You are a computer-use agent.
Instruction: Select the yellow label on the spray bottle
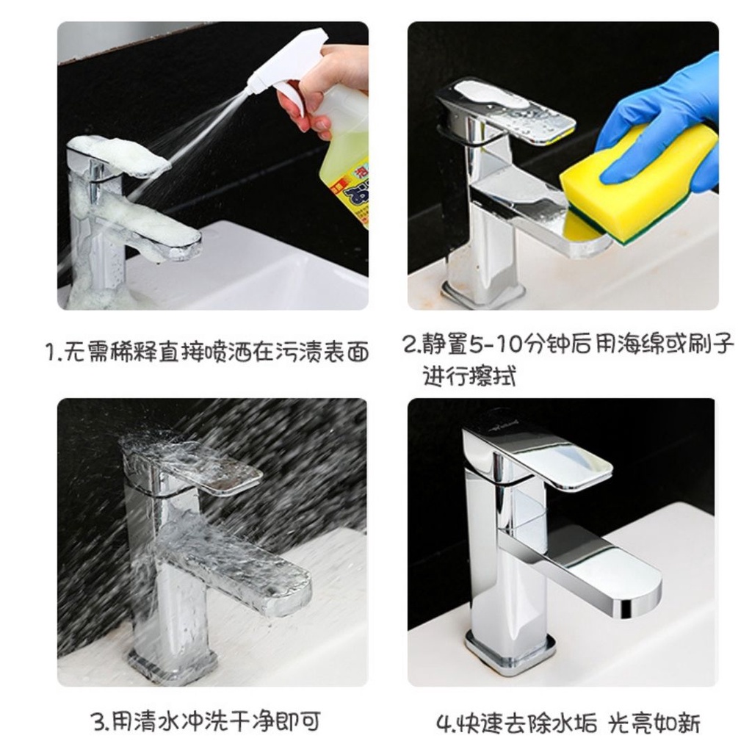coord(347,189)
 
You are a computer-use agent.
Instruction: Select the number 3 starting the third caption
coord(98,721)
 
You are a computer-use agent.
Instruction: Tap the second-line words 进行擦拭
coord(469,376)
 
